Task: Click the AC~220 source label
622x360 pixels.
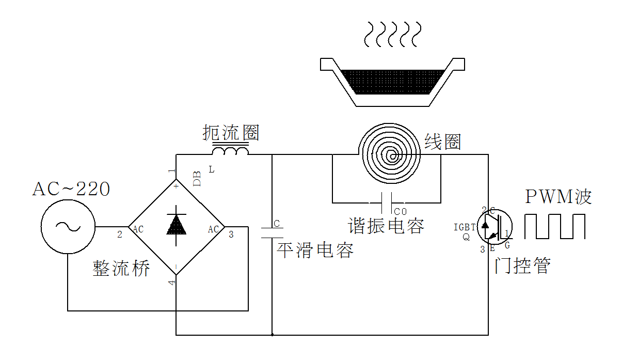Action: point(71,189)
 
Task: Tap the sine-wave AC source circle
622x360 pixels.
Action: point(68,227)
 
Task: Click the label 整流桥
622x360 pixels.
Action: point(121,268)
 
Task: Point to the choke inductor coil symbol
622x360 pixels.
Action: point(230,151)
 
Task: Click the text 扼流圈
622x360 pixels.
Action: point(231,133)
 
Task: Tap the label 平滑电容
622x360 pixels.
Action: point(315,250)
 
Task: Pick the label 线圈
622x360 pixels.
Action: point(442,142)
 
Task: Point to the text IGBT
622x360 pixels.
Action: point(465,227)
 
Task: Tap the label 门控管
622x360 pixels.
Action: point(522,265)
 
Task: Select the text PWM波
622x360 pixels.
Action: point(558,197)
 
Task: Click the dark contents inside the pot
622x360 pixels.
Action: point(392,81)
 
